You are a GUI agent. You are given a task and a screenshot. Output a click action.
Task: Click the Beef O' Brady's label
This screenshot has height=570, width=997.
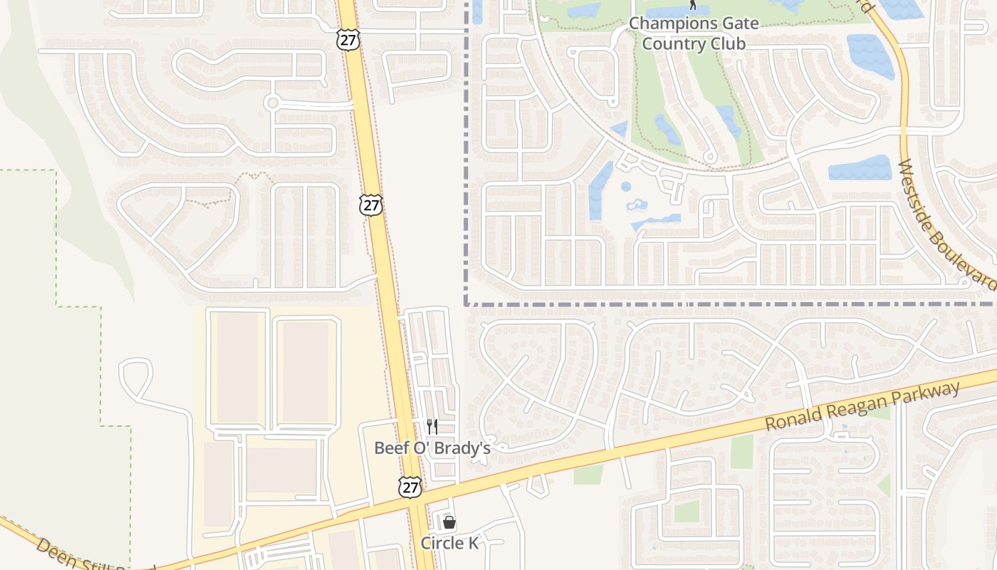[x=432, y=448]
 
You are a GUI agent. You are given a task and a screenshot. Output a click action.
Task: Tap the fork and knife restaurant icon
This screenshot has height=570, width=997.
[x=432, y=426]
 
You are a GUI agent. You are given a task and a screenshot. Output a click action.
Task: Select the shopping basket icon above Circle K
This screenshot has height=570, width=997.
[x=449, y=522]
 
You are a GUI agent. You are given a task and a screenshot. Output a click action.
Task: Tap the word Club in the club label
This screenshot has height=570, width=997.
[x=728, y=43]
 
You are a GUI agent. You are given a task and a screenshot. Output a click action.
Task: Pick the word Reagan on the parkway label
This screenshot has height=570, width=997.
[x=858, y=404]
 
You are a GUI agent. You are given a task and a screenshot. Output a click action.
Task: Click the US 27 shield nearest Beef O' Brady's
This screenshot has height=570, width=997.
[x=410, y=487]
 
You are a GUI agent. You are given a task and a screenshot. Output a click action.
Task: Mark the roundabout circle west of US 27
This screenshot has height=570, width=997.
[x=271, y=103]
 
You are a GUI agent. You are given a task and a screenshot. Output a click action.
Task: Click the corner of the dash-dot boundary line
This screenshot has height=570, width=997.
[x=466, y=304]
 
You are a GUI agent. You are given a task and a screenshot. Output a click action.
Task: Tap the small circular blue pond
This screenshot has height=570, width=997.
[x=626, y=187]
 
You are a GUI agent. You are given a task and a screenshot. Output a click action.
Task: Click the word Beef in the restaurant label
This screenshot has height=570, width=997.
[x=392, y=448]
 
